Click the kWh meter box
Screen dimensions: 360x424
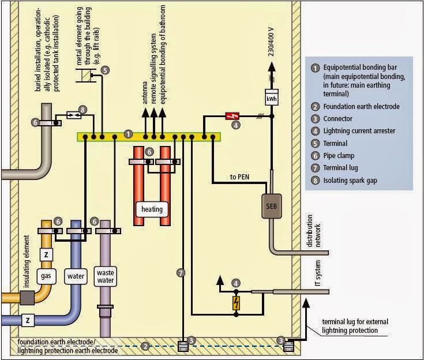pos(271,98)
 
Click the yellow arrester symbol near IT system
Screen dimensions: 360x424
pos(236,303)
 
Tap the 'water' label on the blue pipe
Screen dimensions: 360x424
pos(76,276)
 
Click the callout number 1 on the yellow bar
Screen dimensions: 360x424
pos(128,133)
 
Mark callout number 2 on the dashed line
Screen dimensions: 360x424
pos(147,346)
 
